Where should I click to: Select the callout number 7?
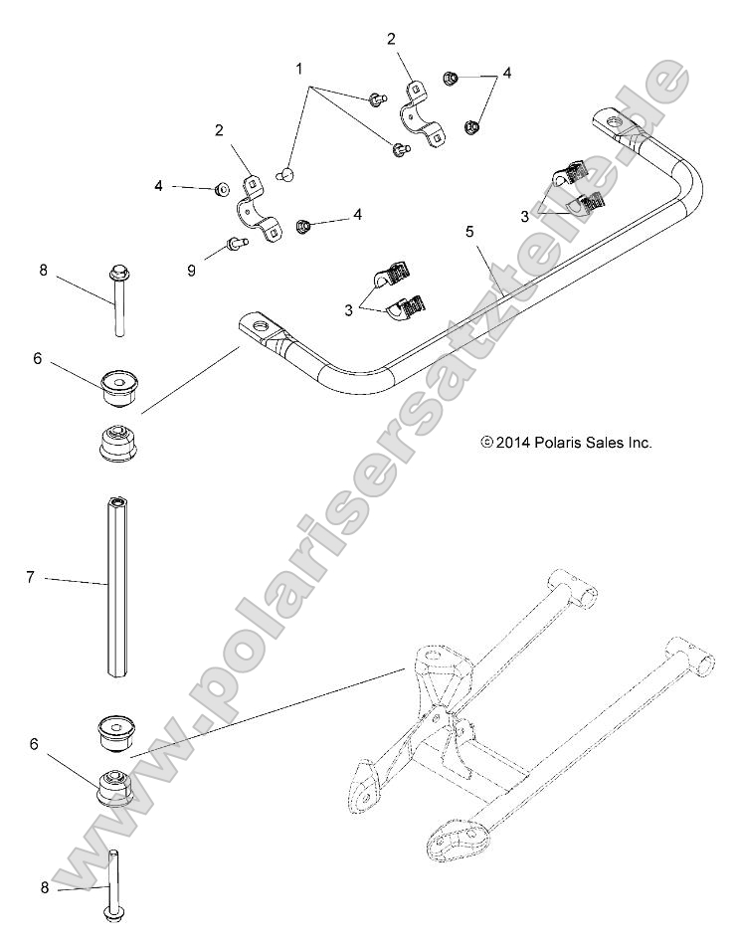(x=31, y=576)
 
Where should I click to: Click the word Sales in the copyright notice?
(x=600, y=443)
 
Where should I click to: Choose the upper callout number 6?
(x=37, y=358)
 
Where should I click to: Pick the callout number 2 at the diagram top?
(x=391, y=39)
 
